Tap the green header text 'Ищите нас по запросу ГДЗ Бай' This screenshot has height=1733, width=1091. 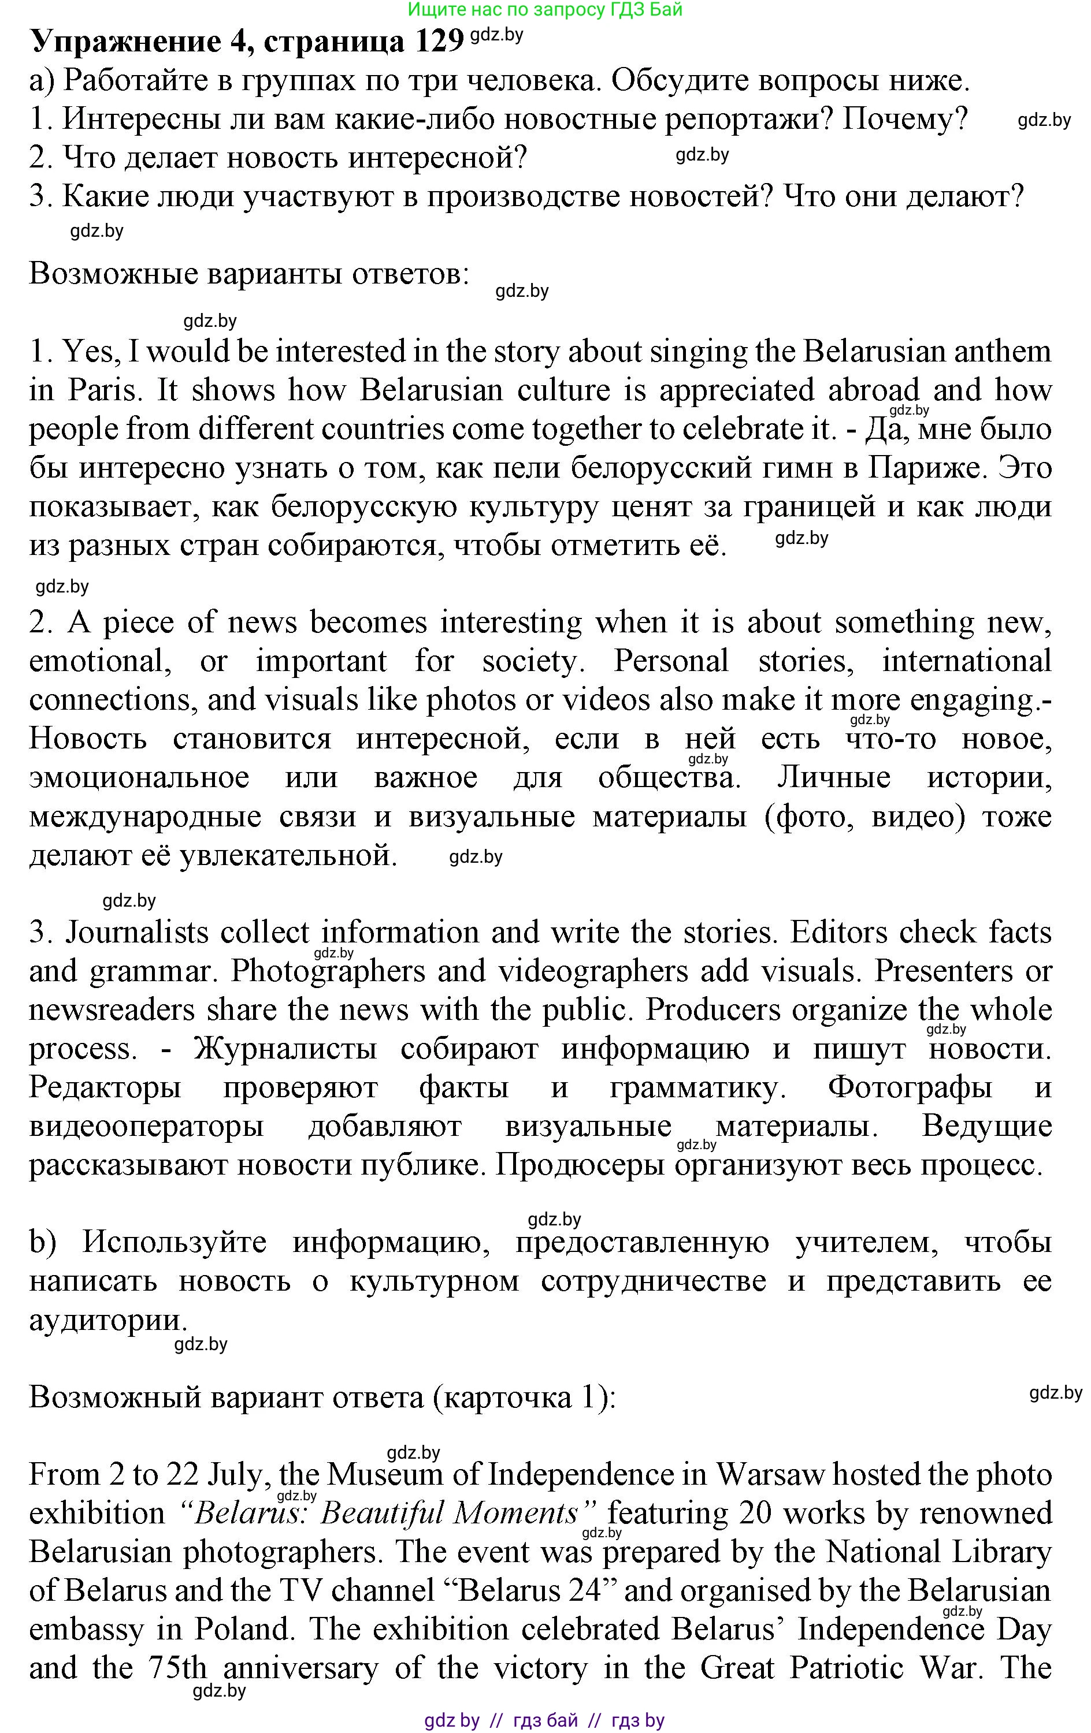click(x=544, y=9)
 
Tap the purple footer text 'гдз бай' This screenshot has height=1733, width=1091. click(x=545, y=1720)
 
